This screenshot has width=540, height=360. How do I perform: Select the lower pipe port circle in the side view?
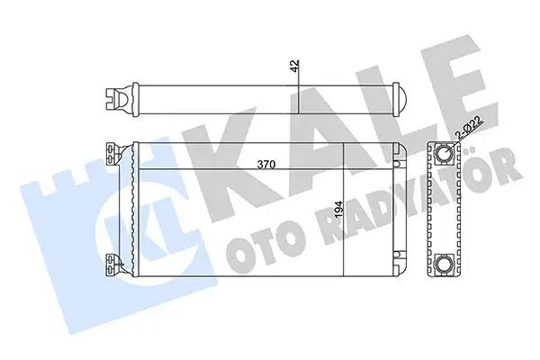[x=445, y=263]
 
